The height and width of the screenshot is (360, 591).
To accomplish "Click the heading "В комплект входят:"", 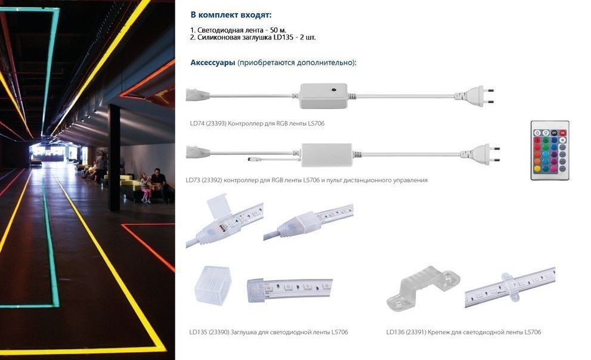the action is point(231,15).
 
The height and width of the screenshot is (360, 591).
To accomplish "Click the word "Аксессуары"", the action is point(212,63).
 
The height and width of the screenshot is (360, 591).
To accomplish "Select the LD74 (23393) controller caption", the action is point(257,123).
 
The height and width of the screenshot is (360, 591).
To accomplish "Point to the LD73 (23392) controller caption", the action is point(307,180).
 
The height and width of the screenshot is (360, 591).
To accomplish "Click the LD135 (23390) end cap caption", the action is point(268,332).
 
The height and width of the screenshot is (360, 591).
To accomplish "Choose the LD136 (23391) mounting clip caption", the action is point(463,332).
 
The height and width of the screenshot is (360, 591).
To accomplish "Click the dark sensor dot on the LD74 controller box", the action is point(334,90).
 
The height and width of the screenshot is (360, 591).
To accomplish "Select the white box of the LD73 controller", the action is point(327,155).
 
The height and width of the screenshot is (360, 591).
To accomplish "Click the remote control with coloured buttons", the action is point(549,150).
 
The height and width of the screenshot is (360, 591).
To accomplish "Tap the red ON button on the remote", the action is point(562,133).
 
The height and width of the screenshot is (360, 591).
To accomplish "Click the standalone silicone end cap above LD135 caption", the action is point(212,285).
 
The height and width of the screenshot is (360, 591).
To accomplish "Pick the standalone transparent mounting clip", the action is point(423,287).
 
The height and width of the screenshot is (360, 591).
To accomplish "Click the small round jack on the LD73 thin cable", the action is point(252,159).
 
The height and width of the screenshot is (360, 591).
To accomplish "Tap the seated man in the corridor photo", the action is point(159,185).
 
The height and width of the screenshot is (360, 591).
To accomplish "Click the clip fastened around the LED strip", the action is point(510,285).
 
